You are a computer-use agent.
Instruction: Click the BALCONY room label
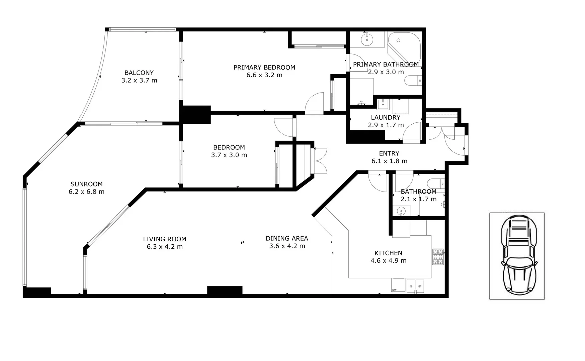click(x=139, y=73)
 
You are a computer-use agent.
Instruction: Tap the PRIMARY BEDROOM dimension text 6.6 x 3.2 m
click(x=264, y=75)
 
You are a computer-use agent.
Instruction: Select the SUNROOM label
click(x=86, y=184)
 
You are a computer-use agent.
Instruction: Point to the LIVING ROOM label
click(x=164, y=239)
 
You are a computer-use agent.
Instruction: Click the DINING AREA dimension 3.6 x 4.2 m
click(x=287, y=246)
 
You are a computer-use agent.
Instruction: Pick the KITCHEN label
click(x=388, y=253)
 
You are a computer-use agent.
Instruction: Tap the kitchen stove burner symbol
click(x=438, y=257)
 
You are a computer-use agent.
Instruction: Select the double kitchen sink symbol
click(x=415, y=286)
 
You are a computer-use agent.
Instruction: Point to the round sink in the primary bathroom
click(x=367, y=40)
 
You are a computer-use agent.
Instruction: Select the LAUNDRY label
click(x=386, y=118)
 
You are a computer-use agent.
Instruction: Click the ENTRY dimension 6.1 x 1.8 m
click(x=389, y=161)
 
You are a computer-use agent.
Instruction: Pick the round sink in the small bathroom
click(x=401, y=211)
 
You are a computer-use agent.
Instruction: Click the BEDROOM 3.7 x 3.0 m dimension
click(x=229, y=155)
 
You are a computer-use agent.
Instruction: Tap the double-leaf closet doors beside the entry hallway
click(x=320, y=161)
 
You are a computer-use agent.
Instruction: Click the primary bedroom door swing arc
click(x=314, y=102)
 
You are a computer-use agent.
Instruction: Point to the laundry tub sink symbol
click(x=383, y=104)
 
